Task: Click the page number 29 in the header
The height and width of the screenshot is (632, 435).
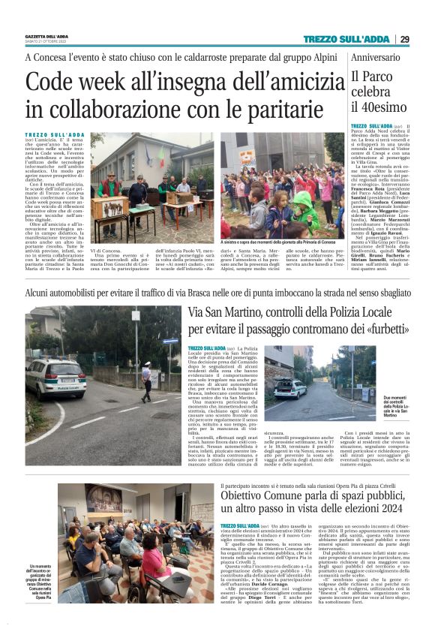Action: tap(404, 39)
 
